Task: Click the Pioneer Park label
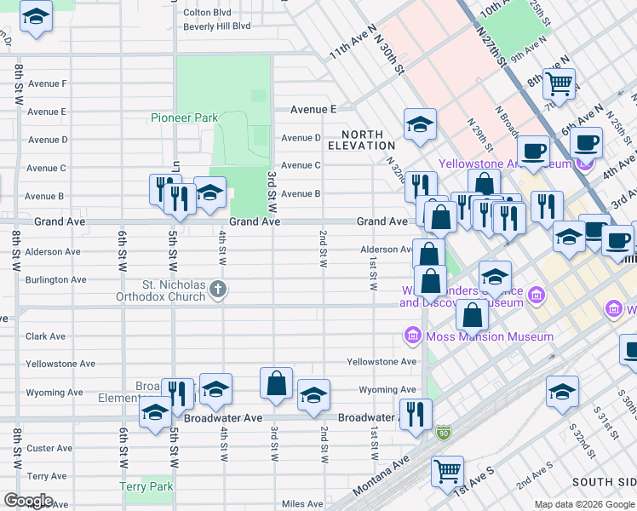185,118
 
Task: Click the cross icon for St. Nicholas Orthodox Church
218,289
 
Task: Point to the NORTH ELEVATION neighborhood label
368,140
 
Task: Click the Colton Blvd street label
207,13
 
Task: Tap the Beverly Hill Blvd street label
217,26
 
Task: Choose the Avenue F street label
47,83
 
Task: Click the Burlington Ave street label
55,279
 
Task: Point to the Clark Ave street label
45,336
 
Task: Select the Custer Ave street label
49,448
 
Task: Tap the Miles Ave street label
302,504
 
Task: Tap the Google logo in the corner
28,501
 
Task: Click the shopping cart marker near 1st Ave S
447,470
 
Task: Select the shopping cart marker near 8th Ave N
560,83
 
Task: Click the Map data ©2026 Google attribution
584,504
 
